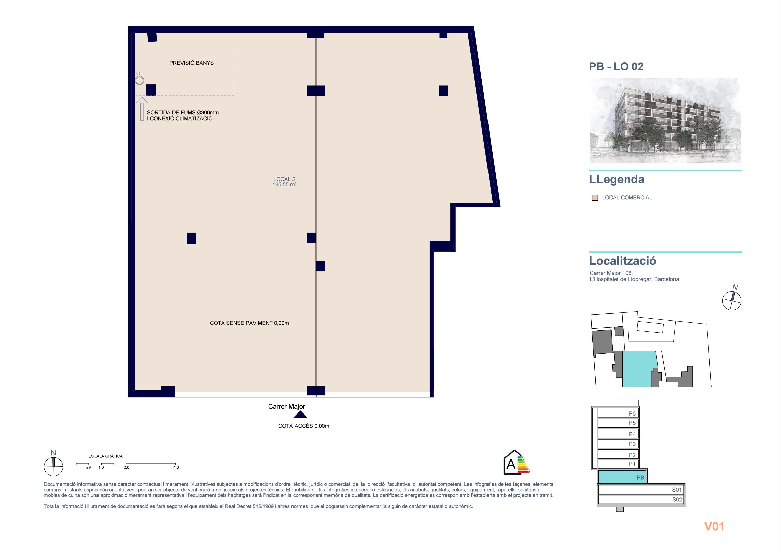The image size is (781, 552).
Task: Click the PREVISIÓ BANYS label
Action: pyautogui.click(x=192, y=63)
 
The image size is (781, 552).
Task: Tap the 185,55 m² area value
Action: pyautogui.click(x=284, y=185)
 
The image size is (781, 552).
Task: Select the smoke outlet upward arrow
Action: pyautogui.click(x=142, y=109)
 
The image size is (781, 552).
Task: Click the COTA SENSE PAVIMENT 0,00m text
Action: pyautogui.click(x=249, y=323)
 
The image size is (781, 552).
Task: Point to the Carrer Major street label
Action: pyautogui.click(x=286, y=406)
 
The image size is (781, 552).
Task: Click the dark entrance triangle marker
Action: pyautogui.click(x=301, y=415)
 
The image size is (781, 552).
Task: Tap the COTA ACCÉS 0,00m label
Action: pyautogui.click(x=304, y=426)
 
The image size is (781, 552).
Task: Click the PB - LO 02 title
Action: pyautogui.click(x=616, y=67)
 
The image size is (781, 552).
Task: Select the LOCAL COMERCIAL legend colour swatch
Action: pyautogui.click(x=595, y=198)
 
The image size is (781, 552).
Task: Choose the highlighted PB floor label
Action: pyautogui.click(x=640, y=478)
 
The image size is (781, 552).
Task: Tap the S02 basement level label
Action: pyautogui.click(x=677, y=500)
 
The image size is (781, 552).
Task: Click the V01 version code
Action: pyautogui.click(x=714, y=527)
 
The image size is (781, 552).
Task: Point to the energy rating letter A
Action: pyautogui.click(x=511, y=464)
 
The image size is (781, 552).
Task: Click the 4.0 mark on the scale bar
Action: pyautogui.click(x=176, y=467)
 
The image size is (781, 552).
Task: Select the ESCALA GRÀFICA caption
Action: pyautogui.click(x=106, y=456)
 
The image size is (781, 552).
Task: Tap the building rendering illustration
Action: pyautogui.click(x=665, y=121)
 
